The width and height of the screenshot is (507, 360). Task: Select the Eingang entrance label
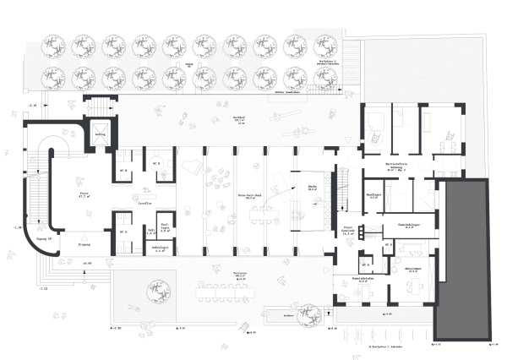pos(84,243)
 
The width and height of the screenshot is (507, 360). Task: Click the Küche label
pos(312,189)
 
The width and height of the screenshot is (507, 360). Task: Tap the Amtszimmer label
pos(413,270)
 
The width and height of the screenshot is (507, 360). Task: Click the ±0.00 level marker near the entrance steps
pos(86,263)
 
